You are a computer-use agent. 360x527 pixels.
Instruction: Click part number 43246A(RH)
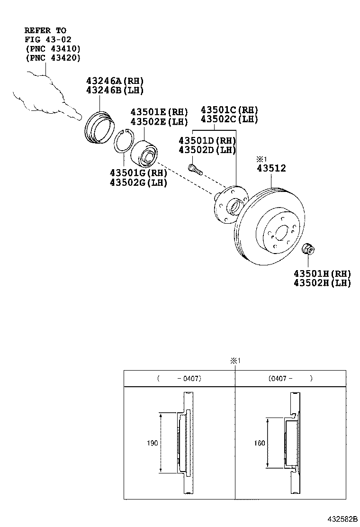point(115,81)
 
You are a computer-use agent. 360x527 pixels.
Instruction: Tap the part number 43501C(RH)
point(229,110)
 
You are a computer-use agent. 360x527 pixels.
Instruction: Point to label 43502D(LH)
point(207,150)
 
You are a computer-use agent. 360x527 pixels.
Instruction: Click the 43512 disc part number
point(271,168)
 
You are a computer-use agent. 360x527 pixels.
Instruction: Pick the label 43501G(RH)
point(138,173)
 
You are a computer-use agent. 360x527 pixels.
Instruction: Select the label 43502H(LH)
point(322,283)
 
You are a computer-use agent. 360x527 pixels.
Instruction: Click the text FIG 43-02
point(48,39)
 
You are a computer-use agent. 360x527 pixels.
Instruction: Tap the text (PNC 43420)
point(53,58)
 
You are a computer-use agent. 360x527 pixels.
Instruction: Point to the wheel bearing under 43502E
point(146,151)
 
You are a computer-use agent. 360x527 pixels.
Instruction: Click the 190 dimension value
point(152,443)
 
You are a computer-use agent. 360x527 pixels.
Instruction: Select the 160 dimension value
point(259,443)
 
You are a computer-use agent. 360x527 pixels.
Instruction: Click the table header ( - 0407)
point(179,379)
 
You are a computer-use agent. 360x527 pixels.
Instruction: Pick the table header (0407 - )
point(290,379)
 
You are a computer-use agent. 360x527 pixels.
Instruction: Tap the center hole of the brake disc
point(282,233)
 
